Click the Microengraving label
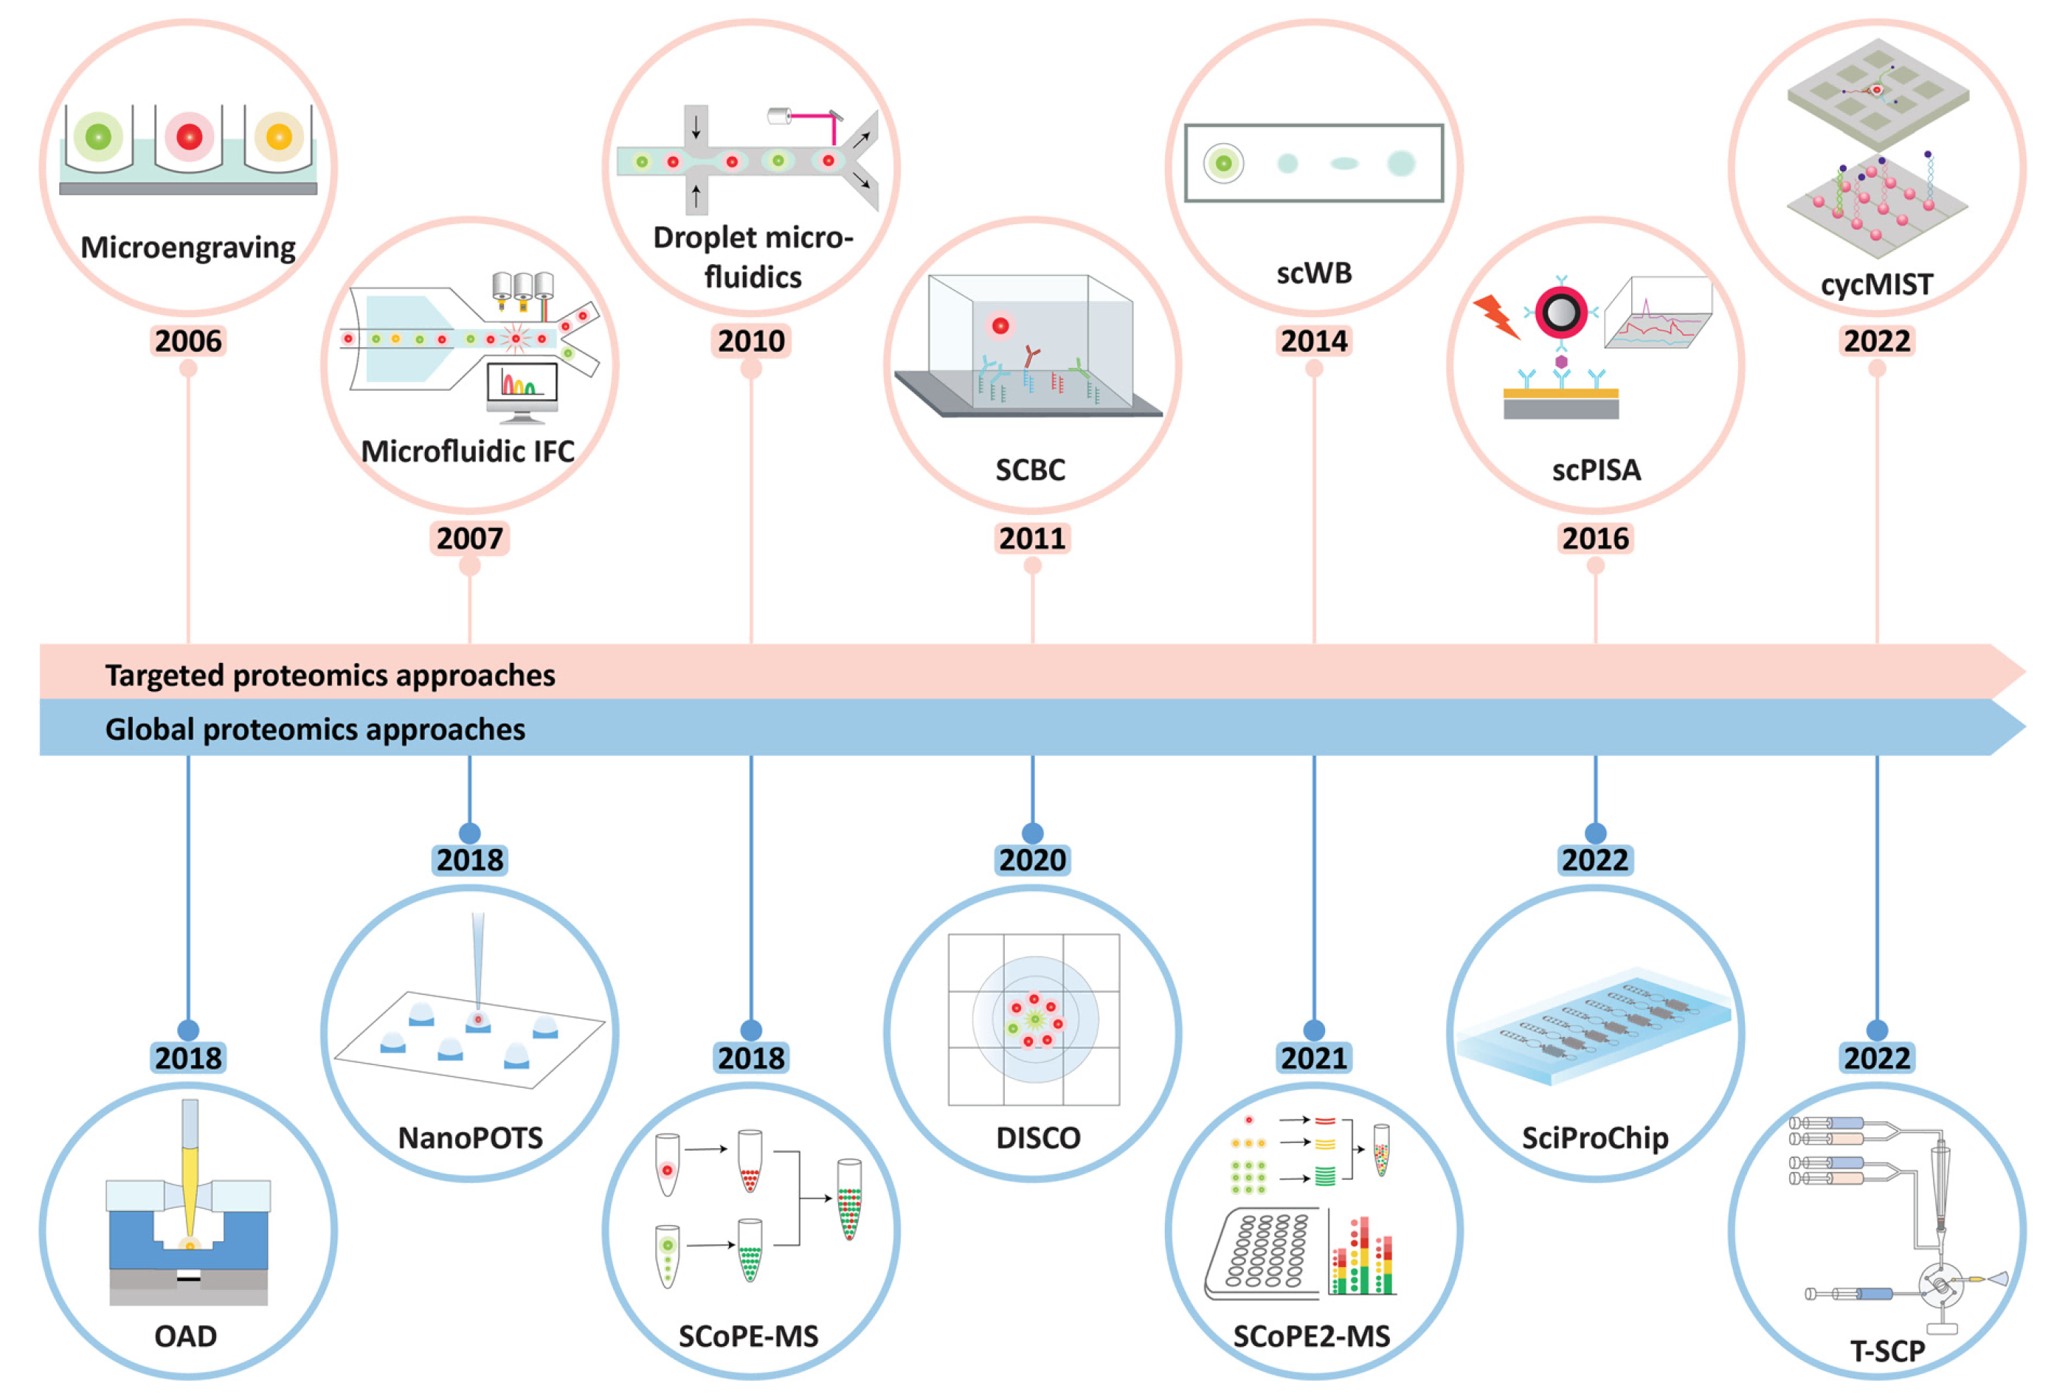click(188, 248)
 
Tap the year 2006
click(188, 341)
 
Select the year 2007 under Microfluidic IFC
click(469, 538)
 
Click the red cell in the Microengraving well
click(189, 136)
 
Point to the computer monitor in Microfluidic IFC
click(522, 388)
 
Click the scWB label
click(1314, 274)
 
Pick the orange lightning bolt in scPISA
click(1496, 316)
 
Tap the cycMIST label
click(1876, 285)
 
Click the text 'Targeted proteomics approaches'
click(330, 676)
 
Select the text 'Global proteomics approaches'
click(315, 729)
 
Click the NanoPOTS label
click(471, 1138)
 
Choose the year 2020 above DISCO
click(1033, 860)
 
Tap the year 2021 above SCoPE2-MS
click(1314, 1058)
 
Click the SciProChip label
click(1595, 1138)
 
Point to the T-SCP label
click(1887, 1350)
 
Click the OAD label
click(185, 1336)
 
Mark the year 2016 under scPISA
click(1595, 538)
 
